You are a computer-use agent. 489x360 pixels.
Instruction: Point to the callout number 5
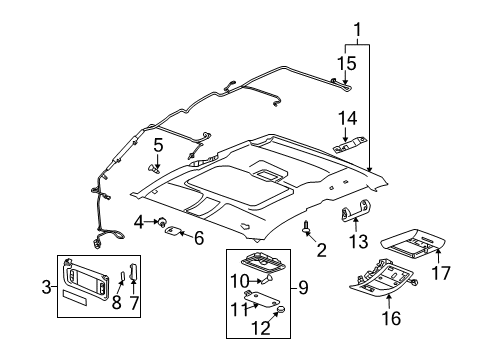(x=157, y=144)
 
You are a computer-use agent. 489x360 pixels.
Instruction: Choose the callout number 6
(x=198, y=237)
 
